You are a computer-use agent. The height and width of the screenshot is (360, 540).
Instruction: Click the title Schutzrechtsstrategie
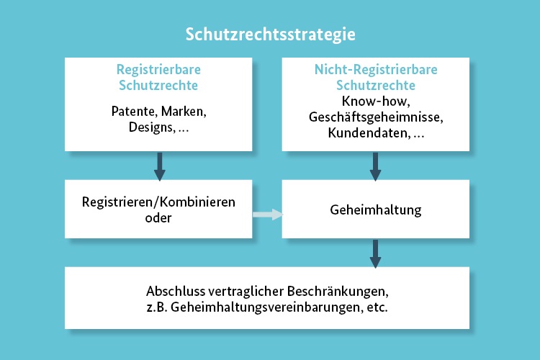[x=270, y=35]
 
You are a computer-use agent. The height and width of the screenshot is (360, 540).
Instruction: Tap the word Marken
[x=184, y=112]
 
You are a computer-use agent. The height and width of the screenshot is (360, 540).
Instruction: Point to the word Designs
[x=152, y=127]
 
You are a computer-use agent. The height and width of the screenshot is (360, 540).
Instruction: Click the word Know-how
[x=375, y=101]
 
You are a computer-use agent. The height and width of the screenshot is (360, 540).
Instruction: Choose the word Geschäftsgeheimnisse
[x=376, y=117]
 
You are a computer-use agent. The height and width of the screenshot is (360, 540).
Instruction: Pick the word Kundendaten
[x=369, y=132]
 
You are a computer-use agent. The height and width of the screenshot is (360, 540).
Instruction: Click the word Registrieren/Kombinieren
[x=158, y=202]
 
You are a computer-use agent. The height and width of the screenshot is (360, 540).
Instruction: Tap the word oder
[x=158, y=218]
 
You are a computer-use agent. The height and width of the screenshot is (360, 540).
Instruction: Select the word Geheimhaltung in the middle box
[x=375, y=210]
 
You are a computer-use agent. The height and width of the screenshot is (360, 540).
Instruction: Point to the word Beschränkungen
[x=338, y=292]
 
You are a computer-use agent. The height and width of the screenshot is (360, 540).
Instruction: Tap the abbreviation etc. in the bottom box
[x=377, y=307]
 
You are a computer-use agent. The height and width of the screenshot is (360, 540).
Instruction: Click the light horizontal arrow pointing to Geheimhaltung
[x=268, y=215]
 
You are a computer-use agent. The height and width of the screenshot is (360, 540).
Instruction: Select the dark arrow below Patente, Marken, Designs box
[x=159, y=166]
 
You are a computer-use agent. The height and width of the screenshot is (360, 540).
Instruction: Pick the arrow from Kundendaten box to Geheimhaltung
[x=375, y=166]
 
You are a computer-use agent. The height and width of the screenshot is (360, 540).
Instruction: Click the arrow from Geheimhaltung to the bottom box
[x=375, y=254]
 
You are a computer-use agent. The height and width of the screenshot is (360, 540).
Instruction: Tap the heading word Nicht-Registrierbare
[x=376, y=70]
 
